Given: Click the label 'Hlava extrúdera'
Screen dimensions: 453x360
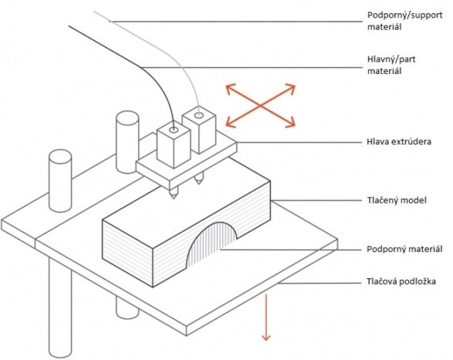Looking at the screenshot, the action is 399,142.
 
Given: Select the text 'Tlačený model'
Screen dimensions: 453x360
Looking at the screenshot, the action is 397,200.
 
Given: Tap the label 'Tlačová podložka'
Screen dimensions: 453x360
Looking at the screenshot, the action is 401,281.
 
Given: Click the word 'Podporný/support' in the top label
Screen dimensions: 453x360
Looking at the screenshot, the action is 404,15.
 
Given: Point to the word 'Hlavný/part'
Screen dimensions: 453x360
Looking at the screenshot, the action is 391,59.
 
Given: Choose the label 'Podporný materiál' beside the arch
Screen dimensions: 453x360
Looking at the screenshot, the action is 404,249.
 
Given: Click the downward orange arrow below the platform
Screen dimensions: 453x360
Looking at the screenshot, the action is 265,317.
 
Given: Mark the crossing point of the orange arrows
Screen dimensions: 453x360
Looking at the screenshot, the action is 260,106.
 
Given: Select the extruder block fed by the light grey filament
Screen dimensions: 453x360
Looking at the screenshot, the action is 199,130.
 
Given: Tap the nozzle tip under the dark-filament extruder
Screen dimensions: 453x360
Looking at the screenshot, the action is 174,198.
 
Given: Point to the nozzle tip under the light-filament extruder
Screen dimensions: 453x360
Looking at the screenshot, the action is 198,183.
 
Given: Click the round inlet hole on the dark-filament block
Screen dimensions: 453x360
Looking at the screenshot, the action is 174,130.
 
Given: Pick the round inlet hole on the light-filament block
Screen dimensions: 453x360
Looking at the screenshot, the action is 199,116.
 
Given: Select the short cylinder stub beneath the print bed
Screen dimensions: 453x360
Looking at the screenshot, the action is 127,308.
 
